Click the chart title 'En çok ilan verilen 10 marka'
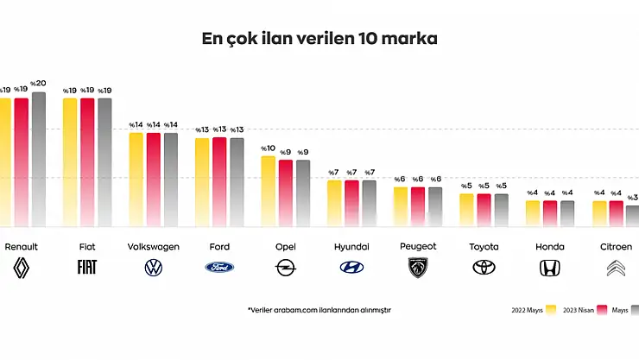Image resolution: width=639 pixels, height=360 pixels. (319, 39)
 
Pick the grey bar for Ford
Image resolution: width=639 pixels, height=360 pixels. (237, 182)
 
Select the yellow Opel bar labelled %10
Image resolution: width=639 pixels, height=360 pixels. (269, 191)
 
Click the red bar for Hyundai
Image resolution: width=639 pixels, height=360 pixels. (352, 203)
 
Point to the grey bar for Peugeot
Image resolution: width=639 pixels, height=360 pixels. (435, 206)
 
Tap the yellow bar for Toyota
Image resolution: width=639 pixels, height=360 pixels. (467, 210)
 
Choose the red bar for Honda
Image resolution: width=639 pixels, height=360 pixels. (550, 213)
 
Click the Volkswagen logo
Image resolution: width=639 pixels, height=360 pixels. (154, 268)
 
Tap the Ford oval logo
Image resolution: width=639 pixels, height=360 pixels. (219, 268)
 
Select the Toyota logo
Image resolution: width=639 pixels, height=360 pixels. (484, 268)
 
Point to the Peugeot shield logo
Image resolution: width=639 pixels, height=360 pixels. (418, 268)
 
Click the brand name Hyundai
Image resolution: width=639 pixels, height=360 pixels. (352, 247)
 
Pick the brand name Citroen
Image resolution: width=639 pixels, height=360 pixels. (617, 247)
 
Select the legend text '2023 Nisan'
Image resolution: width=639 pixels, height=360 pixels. (582, 310)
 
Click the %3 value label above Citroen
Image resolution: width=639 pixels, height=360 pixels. (632, 198)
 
